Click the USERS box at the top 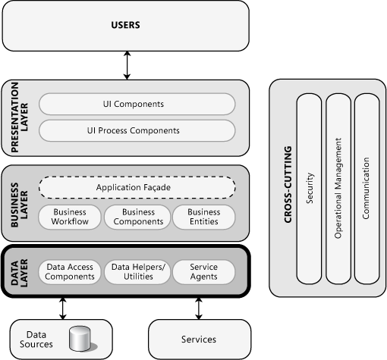tap(126, 26)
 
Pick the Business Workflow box tap(69, 218)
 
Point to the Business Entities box tap(203, 218)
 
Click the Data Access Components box tap(69, 271)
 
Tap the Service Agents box tap(203, 271)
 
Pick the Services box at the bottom tap(199, 339)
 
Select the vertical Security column tap(310, 187)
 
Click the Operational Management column tap(338, 187)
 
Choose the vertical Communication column tap(367, 187)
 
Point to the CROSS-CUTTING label tap(288, 187)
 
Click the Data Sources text tap(39, 340)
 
